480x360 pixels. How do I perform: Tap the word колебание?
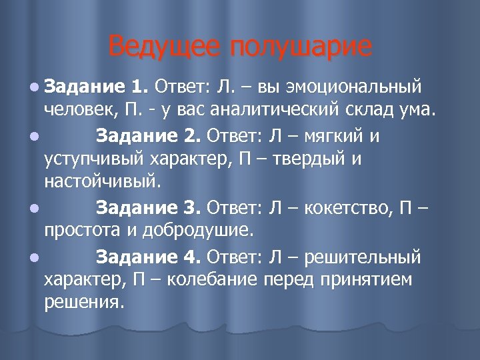click(212, 280)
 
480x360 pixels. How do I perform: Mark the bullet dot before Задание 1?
click(34, 87)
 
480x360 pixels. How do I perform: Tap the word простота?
click(84, 231)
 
